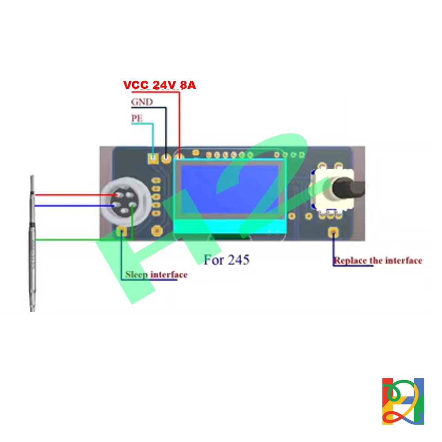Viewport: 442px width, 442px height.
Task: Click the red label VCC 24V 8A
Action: tap(159, 85)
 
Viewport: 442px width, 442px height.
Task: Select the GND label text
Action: tap(142, 102)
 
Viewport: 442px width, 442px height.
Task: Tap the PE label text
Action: tap(137, 118)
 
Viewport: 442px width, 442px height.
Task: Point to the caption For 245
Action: tap(226, 259)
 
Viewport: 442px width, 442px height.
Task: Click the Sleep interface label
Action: tap(156, 274)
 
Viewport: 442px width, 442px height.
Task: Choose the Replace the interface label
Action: tap(378, 261)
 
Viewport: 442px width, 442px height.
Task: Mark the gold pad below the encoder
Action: tap(333, 232)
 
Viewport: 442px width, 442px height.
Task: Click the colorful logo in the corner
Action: tap(403, 401)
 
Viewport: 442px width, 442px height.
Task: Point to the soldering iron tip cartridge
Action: tap(31, 243)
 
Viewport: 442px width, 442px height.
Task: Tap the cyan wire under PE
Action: tap(152, 137)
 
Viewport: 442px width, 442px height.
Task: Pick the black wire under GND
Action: tap(166, 128)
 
